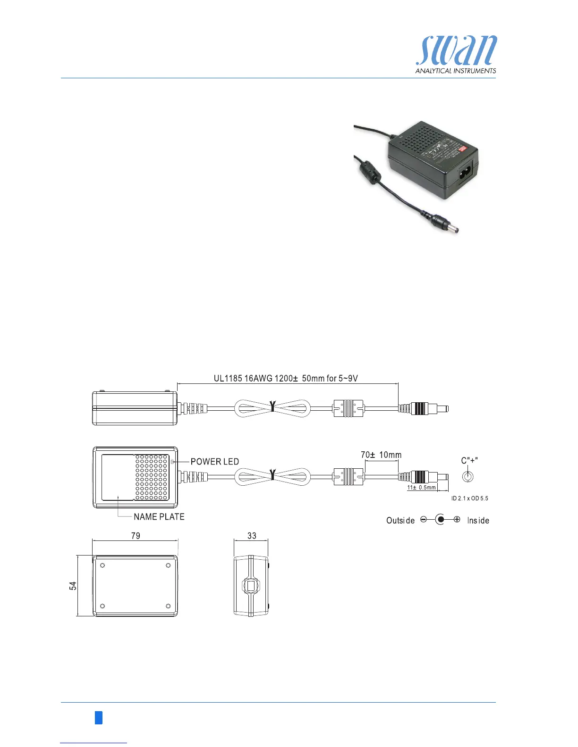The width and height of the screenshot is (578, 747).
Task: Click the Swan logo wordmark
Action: [456, 51]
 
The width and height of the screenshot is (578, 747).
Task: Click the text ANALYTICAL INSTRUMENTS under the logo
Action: [456, 71]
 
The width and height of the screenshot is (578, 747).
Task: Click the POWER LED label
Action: [215, 462]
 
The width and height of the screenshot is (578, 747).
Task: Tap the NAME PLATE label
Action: [159, 517]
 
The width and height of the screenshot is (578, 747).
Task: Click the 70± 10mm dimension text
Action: [381, 455]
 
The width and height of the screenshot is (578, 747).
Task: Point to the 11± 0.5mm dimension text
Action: [421, 488]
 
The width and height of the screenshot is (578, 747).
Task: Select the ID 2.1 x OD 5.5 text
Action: [470, 498]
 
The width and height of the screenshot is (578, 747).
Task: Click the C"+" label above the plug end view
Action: [470, 461]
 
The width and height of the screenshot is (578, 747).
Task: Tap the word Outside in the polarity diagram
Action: [400, 521]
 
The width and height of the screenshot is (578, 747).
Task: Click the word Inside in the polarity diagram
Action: [478, 521]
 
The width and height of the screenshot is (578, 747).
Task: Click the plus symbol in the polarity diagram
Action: [457, 520]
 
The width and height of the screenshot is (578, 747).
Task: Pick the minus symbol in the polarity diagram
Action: [424, 520]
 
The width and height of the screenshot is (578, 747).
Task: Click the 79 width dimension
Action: [136, 536]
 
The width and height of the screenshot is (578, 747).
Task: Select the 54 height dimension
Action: [73, 585]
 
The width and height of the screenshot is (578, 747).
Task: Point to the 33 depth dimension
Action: [252, 536]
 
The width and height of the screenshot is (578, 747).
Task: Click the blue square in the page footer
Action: [98, 718]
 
